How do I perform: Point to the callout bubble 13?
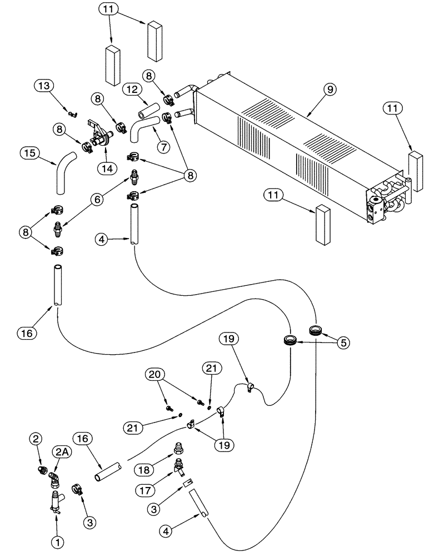[44, 86]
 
